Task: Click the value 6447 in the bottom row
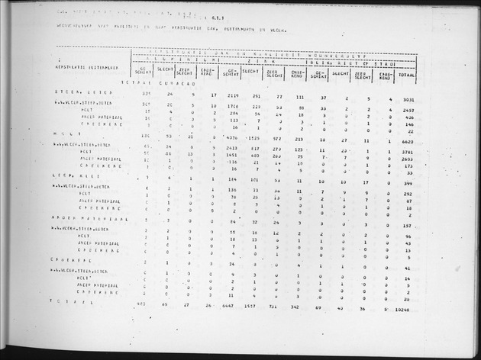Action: click(225, 304)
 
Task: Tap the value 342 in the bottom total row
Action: click(298, 305)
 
